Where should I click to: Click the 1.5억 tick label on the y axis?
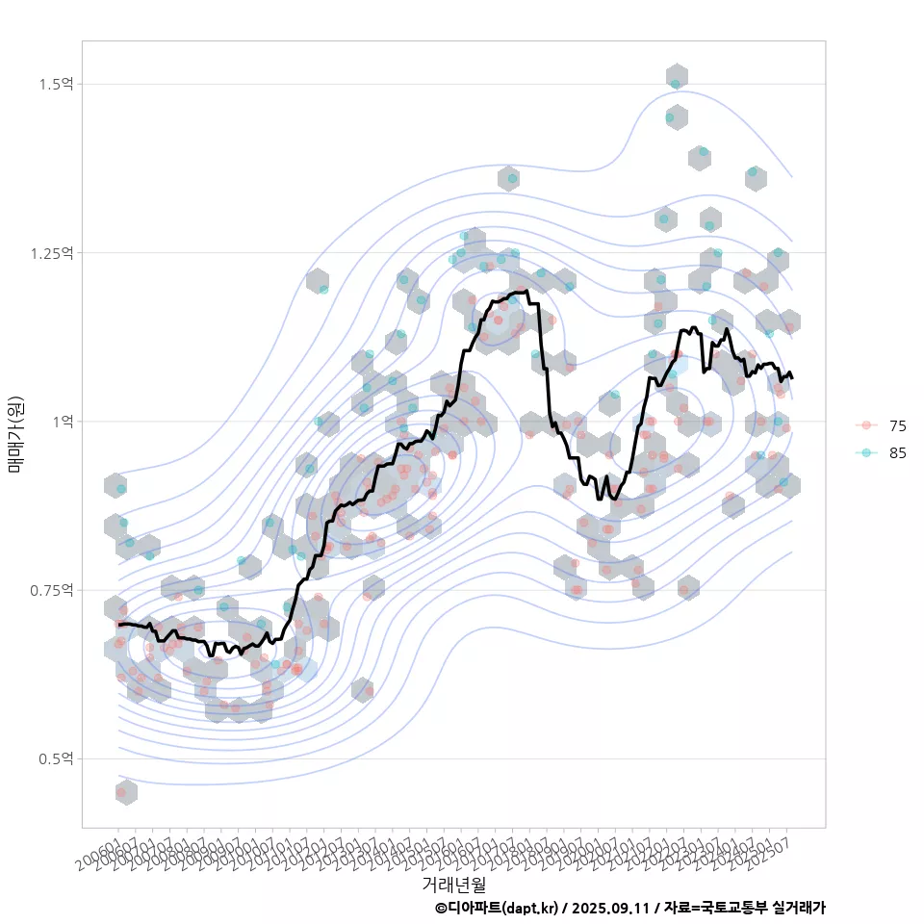(56, 85)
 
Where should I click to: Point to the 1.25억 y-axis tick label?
(52, 253)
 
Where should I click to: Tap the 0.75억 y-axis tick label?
(52, 590)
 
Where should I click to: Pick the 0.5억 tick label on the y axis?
(56, 759)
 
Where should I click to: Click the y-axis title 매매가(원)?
(15, 433)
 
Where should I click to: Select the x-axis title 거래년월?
(453, 883)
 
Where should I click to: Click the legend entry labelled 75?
(897, 425)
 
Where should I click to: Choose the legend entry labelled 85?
(897, 452)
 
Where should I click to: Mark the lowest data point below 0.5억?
(121, 792)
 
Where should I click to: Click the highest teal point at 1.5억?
(676, 85)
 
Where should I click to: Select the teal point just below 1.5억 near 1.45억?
(670, 117)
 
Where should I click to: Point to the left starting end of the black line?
(118, 625)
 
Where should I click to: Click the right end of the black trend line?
(791, 377)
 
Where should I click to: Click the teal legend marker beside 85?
(866, 452)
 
